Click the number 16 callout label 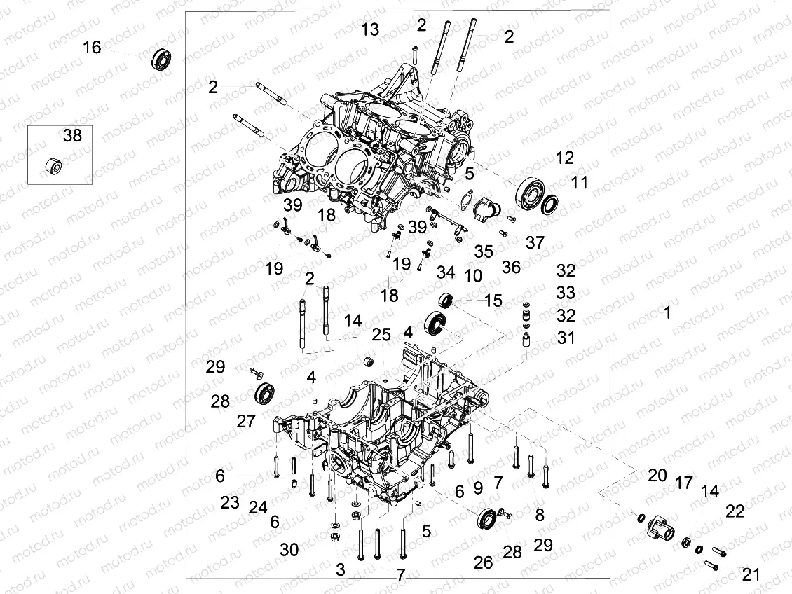coord(92,48)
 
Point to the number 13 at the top coord(370,29)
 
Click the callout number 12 coord(565,158)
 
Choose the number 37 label coord(535,242)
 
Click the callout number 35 coord(484,251)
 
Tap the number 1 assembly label coord(667,312)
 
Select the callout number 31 coord(566,338)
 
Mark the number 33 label coord(566,291)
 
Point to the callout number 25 coord(381,335)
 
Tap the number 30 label coord(289,550)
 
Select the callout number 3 coord(341,569)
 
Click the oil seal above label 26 coord(486,520)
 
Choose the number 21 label coord(751,574)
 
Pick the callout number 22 coord(735,511)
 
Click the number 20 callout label coord(657,476)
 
